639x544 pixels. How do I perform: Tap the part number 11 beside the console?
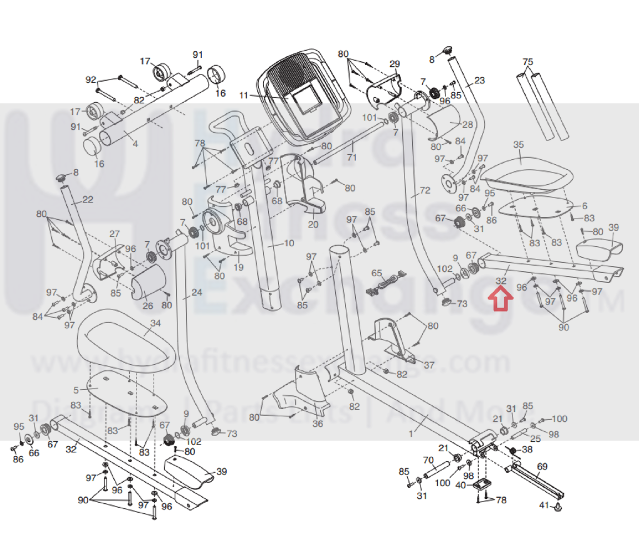(x=244, y=95)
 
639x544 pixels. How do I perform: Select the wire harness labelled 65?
(x=386, y=284)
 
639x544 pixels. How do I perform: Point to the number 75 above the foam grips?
(x=528, y=62)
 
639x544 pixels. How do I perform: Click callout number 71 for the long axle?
(x=352, y=157)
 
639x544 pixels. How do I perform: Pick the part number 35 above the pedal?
(x=518, y=145)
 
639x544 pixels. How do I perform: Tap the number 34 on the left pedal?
(x=155, y=323)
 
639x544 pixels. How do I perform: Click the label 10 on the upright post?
(x=289, y=243)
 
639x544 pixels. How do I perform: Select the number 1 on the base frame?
(x=411, y=434)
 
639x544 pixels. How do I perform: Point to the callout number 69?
(x=542, y=466)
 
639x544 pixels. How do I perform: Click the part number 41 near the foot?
(x=544, y=505)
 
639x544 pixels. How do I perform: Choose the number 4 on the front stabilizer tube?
(x=135, y=144)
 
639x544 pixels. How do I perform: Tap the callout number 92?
(x=91, y=80)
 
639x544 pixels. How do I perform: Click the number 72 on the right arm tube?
(x=425, y=191)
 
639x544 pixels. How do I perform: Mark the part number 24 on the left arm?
(x=197, y=292)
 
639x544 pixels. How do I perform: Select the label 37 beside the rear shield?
(x=429, y=365)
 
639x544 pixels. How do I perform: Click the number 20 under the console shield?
(x=313, y=224)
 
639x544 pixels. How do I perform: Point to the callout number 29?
(x=395, y=64)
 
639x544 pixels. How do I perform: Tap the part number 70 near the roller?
(x=428, y=460)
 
